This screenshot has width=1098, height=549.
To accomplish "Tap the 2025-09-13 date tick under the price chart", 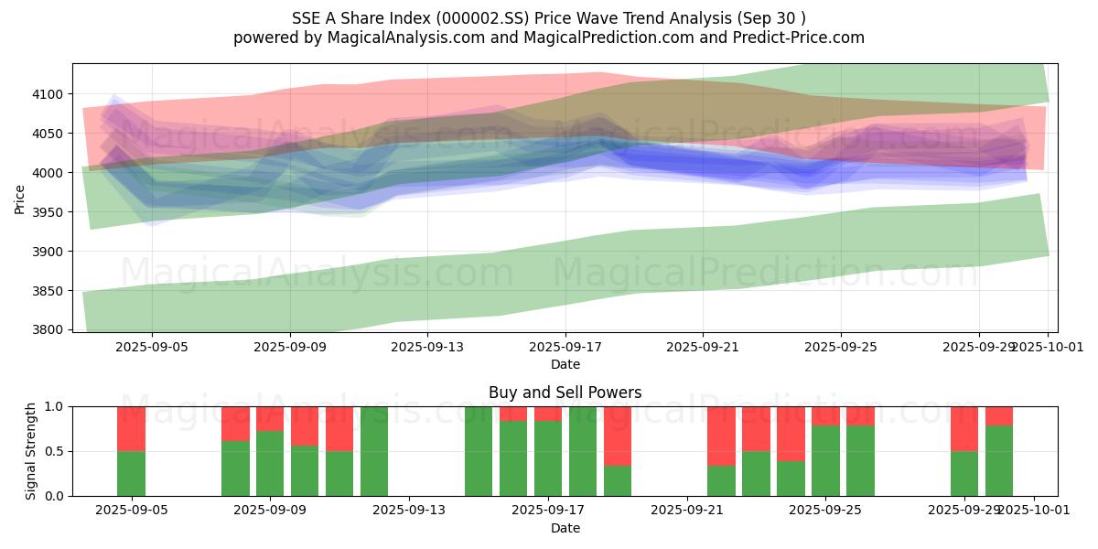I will [x=427, y=348].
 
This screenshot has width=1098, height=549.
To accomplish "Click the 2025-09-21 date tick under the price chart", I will [x=703, y=348].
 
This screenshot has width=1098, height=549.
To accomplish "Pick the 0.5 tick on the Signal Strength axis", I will [x=53, y=451].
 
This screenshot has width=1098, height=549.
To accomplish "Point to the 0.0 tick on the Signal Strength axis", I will [x=53, y=496].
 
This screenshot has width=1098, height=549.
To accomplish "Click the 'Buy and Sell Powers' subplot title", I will [x=565, y=393].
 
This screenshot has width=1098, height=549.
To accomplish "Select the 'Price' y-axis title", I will [x=20, y=198].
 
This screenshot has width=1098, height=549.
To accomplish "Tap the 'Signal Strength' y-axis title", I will [x=31, y=450].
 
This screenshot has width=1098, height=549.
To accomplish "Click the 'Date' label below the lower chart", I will [x=565, y=528].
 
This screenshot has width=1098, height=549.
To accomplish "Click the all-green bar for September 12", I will [x=374, y=451].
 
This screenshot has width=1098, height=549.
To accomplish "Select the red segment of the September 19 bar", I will [x=618, y=436].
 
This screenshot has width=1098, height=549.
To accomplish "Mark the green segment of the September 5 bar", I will [x=131, y=473].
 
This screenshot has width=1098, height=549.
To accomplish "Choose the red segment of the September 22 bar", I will [x=721, y=436].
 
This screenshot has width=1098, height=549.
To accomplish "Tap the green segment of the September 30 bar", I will [x=999, y=461].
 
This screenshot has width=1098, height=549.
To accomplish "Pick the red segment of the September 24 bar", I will [x=791, y=433].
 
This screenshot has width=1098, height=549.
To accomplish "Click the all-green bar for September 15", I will [x=479, y=451].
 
